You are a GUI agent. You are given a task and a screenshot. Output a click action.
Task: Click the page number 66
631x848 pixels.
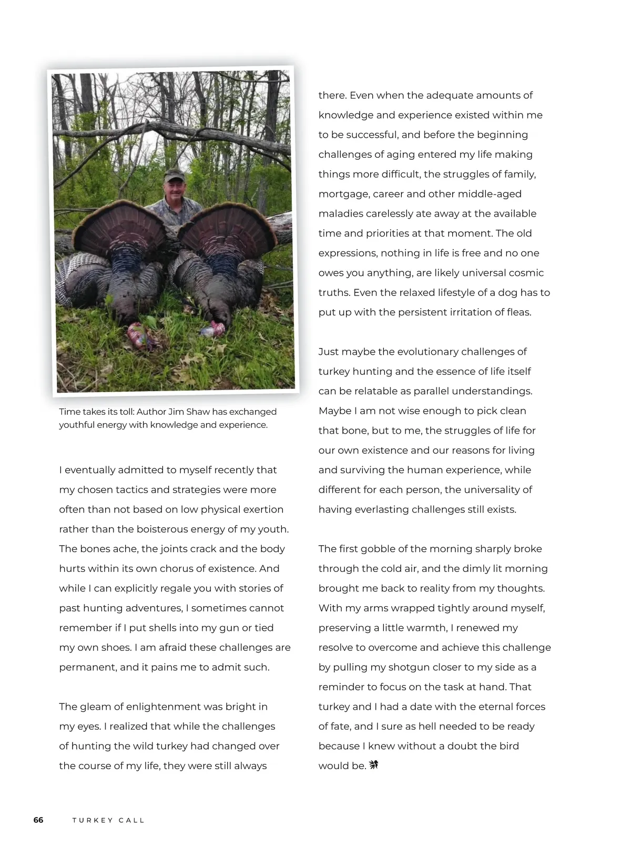(38, 820)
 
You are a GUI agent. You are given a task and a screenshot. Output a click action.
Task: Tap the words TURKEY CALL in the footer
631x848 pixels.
(108, 820)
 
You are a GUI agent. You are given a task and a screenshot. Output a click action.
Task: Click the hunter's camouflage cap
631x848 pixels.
(174, 175)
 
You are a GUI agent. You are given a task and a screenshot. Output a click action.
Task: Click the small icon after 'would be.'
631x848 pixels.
(373, 765)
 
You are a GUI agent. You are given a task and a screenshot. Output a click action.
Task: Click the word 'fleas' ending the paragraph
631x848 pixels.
(518, 312)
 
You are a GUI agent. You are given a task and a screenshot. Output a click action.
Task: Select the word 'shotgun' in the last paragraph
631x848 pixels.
(409, 667)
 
